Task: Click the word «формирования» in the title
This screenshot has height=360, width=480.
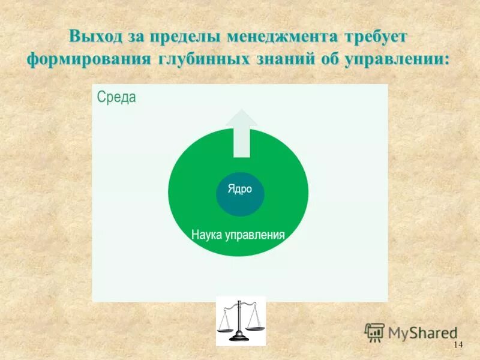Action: (89, 60)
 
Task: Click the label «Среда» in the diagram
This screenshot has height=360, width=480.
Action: (116, 97)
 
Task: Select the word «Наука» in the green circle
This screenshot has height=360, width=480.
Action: (207, 235)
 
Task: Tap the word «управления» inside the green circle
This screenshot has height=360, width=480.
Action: (254, 235)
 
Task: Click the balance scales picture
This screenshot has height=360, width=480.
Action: (241, 321)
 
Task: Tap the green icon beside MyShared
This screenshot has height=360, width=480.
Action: (374, 332)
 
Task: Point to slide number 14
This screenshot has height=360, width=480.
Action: (458, 344)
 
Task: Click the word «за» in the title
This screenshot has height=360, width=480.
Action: (133, 36)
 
